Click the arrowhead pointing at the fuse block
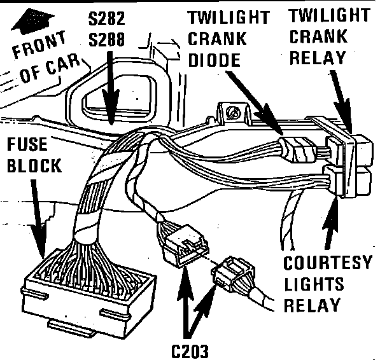41,245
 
